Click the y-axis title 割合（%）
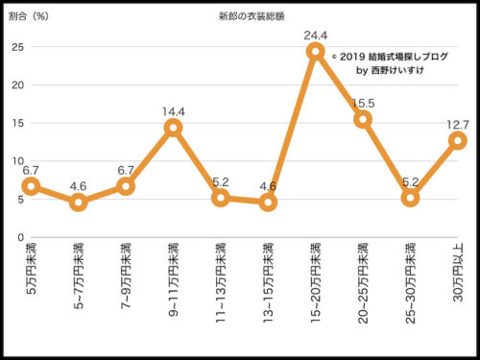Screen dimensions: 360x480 point(30,17)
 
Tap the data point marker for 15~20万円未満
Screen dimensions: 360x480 point(315,51)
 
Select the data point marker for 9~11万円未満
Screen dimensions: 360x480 point(173,128)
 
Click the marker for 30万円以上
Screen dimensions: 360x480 point(457,140)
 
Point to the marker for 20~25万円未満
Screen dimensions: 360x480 point(363,119)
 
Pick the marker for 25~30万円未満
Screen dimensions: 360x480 point(410,198)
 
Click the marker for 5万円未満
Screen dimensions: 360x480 point(31,186)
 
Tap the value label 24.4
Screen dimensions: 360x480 point(317,36)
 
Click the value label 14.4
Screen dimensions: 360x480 point(173,109)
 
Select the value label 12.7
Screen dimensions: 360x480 point(457,123)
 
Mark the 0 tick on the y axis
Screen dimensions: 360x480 point(20,237)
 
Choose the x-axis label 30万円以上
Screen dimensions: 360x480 point(457,268)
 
